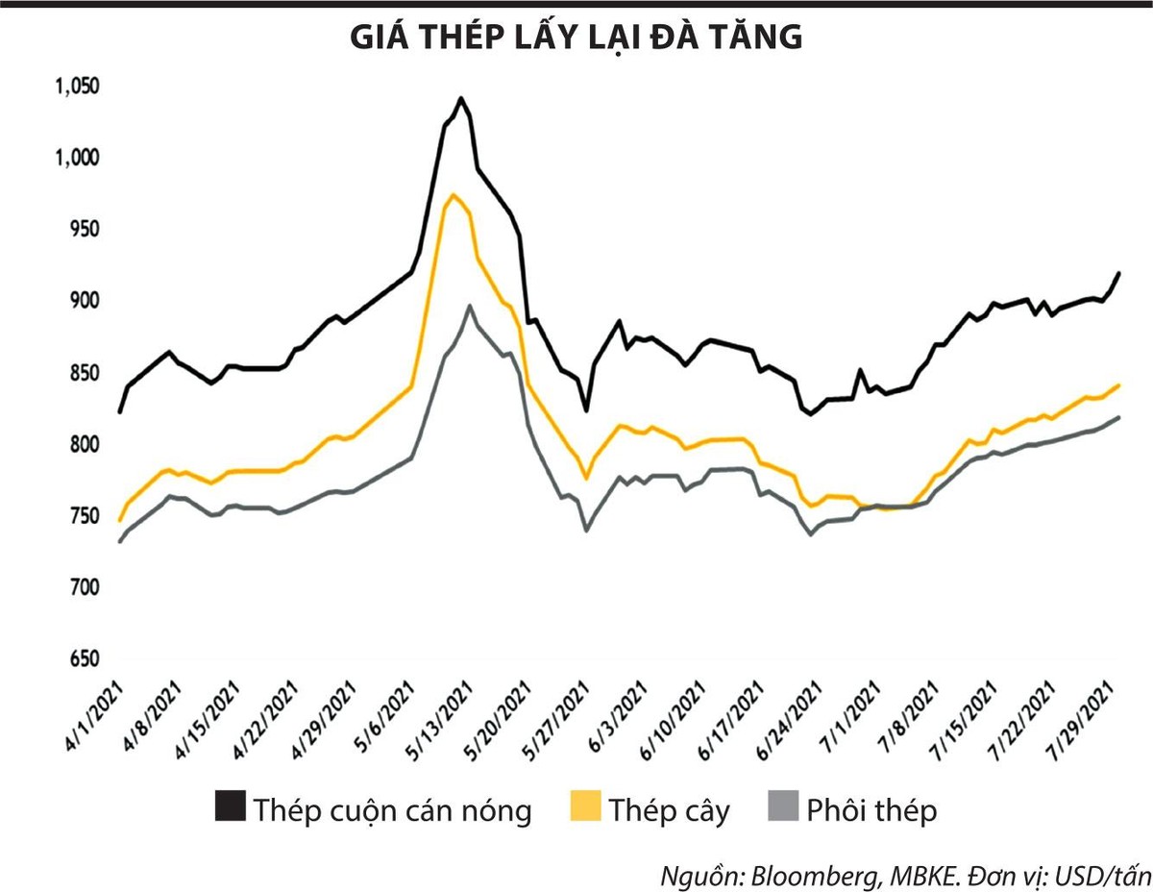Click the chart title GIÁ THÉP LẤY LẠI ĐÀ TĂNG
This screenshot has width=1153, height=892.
coord(576,37)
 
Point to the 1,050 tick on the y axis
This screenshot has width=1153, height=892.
coord(77,87)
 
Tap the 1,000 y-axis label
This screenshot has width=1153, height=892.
coord(77,158)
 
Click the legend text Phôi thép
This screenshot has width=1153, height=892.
coord(871,809)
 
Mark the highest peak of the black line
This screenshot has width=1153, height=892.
coord(461,97)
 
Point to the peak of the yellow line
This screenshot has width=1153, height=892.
coord(453,195)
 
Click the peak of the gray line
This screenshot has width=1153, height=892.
coord(469,306)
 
